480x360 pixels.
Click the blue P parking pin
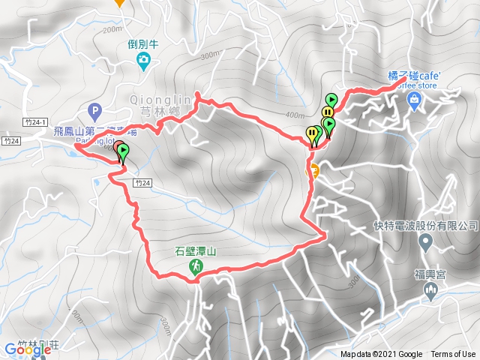tap(94, 112)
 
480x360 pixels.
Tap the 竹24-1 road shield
tap(34, 121)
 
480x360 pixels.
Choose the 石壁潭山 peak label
tap(196, 252)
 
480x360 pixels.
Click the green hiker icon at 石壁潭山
tap(196, 267)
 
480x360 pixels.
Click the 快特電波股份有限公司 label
tap(425, 226)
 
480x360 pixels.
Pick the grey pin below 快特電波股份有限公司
tap(426, 242)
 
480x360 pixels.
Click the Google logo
tap(22, 349)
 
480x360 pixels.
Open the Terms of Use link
tap(452, 355)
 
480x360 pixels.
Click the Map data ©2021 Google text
tap(380, 355)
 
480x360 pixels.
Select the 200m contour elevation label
tap(112, 29)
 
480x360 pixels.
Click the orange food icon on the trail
tap(315, 169)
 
